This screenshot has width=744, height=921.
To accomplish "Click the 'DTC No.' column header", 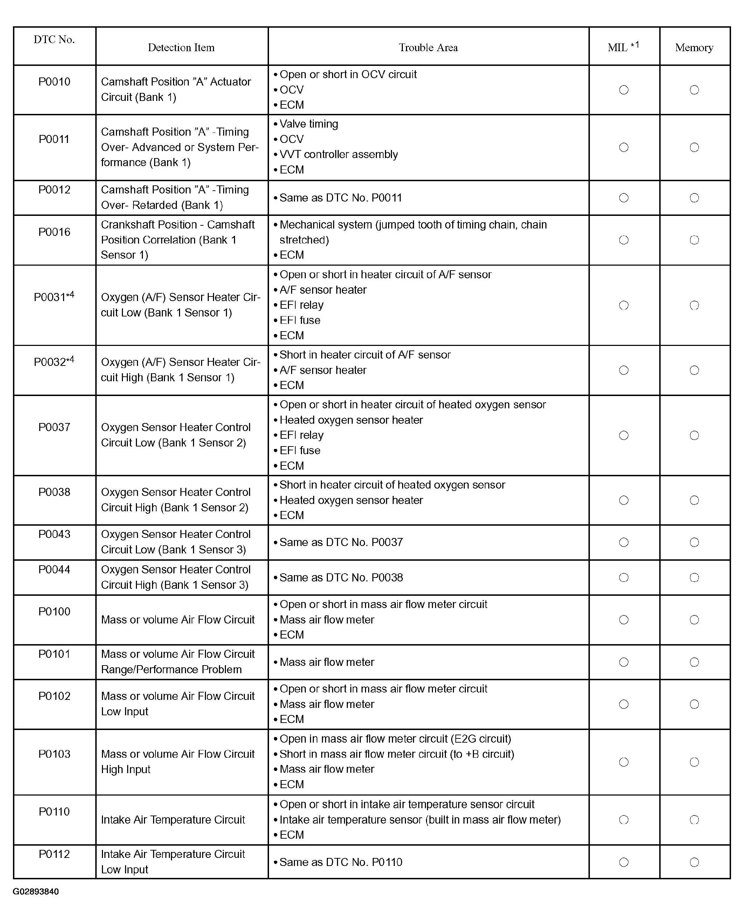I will (x=54, y=40).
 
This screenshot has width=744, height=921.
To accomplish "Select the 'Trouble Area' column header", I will (x=428, y=48).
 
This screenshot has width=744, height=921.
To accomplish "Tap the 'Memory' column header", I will (x=694, y=48).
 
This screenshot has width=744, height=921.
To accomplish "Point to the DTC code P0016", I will (x=54, y=232).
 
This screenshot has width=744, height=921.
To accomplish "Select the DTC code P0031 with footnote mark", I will (x=54, y=297).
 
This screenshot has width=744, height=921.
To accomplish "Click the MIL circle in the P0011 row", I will (x=624, y=148).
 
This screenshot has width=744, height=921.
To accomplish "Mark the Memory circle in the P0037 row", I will (x=694, y=435).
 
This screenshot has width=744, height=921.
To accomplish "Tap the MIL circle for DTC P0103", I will (x=624, y=762).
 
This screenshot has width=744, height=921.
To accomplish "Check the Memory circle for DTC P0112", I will (x=694, y=862).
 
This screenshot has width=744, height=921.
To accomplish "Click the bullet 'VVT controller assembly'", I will (x=339, y=154).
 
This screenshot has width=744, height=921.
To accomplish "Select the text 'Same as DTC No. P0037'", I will (x=341, y=543).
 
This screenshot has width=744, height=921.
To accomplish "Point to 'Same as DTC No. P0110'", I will (x=341, y=862).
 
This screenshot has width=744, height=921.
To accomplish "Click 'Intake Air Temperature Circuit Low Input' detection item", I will (x=173, y=862).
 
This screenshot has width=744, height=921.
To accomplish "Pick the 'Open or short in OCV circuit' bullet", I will (x=348, y=75).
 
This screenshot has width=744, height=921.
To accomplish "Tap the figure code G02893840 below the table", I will (x=36, y=892).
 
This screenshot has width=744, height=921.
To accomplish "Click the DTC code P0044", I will (x=54, y=569).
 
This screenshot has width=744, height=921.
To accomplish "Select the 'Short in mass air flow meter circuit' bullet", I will (x=397, y=754).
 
